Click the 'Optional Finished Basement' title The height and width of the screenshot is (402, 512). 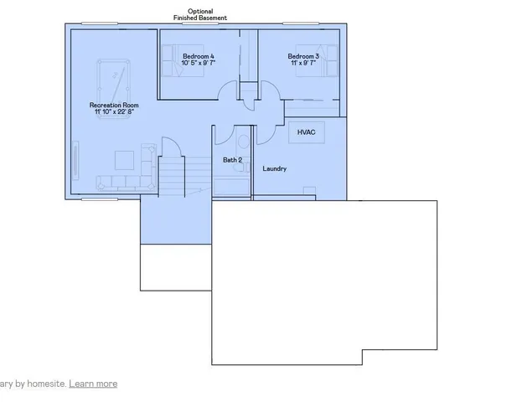pyautogui.click(x=199, y=14)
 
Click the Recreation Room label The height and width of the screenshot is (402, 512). pyautogui.click(x=114, y=105)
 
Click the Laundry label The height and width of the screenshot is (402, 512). pyautogui.click(x=275, y=168)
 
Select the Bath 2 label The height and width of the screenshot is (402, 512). pyautogui.click(x=232, y=159)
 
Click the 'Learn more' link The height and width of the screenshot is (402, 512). pyautogui.click(x=93, y=384)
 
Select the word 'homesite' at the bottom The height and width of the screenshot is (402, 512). pyautogui.click(x=48, y=384)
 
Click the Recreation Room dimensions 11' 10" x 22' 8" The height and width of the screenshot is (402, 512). pyautogui.click(x=114, y=113)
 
